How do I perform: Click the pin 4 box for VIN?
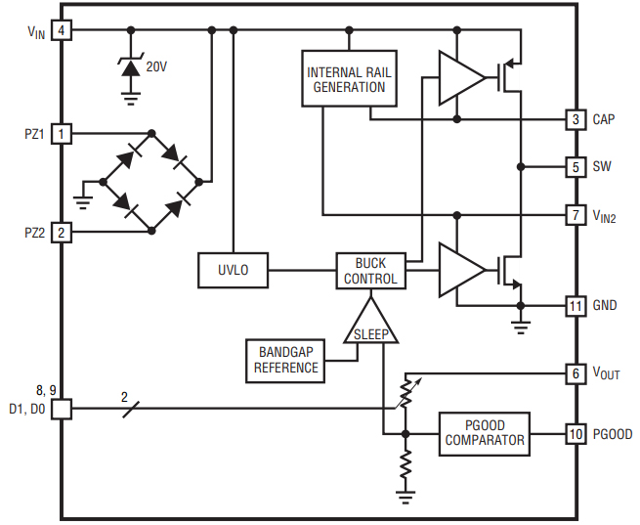point(62,30)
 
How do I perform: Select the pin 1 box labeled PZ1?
point(62,133)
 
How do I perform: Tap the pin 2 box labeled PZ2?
point(62,232)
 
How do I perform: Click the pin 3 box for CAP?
point(576,119)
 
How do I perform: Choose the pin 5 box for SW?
point(576,166)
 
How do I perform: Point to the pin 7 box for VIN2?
point(576,214)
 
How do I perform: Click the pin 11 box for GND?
point(576,305)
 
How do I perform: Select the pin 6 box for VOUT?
point(576,373)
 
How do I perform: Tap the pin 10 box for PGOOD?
point(576,433)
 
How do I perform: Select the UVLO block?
point(233,271)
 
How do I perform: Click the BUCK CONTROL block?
point(370,271)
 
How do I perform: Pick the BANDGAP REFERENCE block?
point(285,360)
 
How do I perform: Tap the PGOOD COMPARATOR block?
point(485,433)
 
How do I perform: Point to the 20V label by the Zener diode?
point(156,67)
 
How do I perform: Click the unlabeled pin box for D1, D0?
point(62,409)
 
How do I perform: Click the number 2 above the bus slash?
point(124,396)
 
